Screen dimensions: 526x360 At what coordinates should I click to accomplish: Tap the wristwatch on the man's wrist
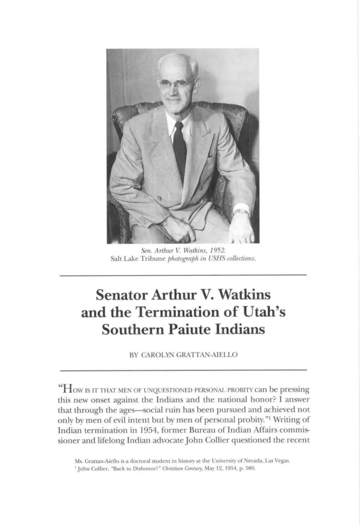pos(241,212)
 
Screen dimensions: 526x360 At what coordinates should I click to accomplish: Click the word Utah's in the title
pos(264,312)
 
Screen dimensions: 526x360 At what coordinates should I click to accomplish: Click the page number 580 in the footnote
pos(250,469)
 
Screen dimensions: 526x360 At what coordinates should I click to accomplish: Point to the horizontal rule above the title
pos(183,276)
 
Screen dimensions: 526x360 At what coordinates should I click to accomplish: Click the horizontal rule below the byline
pos(183,370)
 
